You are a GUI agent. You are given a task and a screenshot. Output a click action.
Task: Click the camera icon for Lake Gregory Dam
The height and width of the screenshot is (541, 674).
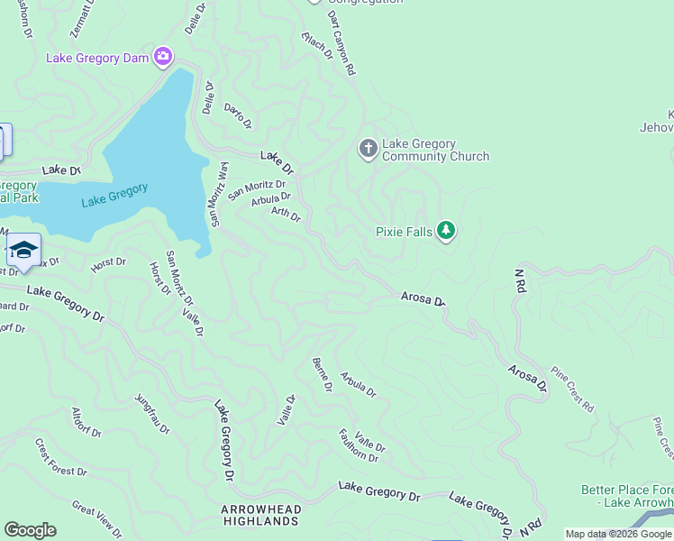coord(163,58)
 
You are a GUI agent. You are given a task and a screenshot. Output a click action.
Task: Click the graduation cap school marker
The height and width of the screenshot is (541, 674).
coord(24,250)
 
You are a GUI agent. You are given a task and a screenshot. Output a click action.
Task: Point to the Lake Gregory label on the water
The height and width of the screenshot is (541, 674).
coord(114,195)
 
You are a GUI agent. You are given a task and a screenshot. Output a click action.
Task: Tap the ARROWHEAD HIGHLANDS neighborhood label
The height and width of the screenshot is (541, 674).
coord(261,517)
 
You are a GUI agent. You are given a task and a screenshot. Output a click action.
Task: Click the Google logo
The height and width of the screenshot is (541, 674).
coord(30,530)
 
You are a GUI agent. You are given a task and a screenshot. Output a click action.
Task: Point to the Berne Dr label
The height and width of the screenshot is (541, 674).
coord(322,374)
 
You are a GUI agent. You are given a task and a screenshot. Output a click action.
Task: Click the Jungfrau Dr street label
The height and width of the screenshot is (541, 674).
coord(151,414)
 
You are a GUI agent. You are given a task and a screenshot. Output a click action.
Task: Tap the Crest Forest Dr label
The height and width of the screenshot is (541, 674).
coord(60,457)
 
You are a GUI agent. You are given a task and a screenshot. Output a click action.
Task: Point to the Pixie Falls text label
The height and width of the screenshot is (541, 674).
coord(404,232)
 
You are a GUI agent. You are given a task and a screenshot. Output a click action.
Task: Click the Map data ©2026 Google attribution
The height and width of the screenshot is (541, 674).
coord(618,534)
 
